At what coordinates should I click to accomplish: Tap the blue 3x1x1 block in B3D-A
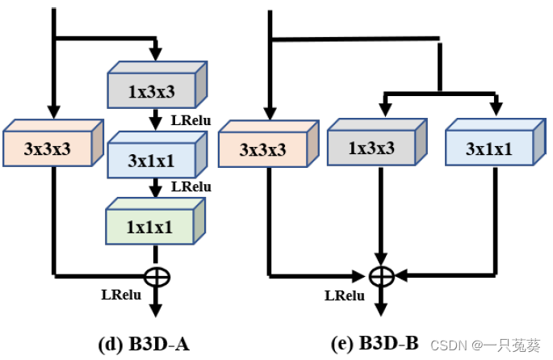click(152, 161)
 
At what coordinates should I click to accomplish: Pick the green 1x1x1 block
click(151, 225)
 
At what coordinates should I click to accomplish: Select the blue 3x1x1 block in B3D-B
click(489, 149)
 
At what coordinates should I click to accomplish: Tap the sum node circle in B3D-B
click(380, 276)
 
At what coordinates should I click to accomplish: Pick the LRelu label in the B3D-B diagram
click(344, 295)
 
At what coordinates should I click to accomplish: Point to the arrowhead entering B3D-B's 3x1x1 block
click(496, 110)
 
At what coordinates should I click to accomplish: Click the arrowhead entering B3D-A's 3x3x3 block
click(53, 111)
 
